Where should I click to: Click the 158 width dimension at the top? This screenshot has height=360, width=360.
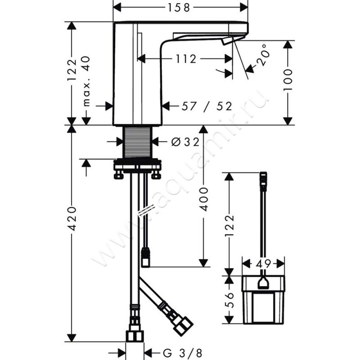[x=179, y=8]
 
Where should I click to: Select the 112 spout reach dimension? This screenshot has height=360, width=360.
[x=186, y=59]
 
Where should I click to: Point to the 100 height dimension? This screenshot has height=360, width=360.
[x=288, y=80]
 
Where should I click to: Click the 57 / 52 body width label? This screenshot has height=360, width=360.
[x=207, y=106]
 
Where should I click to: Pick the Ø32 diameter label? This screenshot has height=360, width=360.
[x=185, y=142]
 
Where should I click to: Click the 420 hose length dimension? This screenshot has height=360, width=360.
[x=72, y=219]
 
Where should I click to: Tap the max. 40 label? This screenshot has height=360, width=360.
[x=86, y=81]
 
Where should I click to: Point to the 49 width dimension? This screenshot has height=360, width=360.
[x=263, y=264]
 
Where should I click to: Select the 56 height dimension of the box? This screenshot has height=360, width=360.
[x=229, y=300]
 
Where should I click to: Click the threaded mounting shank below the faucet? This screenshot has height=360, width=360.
[x=138, y=142]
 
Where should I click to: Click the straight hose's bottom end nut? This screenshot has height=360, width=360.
[x=135, y=336]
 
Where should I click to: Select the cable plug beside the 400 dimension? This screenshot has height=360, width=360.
[x=146, y=257]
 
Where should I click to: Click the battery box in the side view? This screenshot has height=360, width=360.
[x=264, y=300]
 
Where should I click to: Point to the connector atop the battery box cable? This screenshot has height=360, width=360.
[x=263, y=181]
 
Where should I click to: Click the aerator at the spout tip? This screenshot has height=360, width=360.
[x=227, y=41]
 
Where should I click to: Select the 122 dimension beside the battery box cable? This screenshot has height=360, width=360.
[x=229, y=225]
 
